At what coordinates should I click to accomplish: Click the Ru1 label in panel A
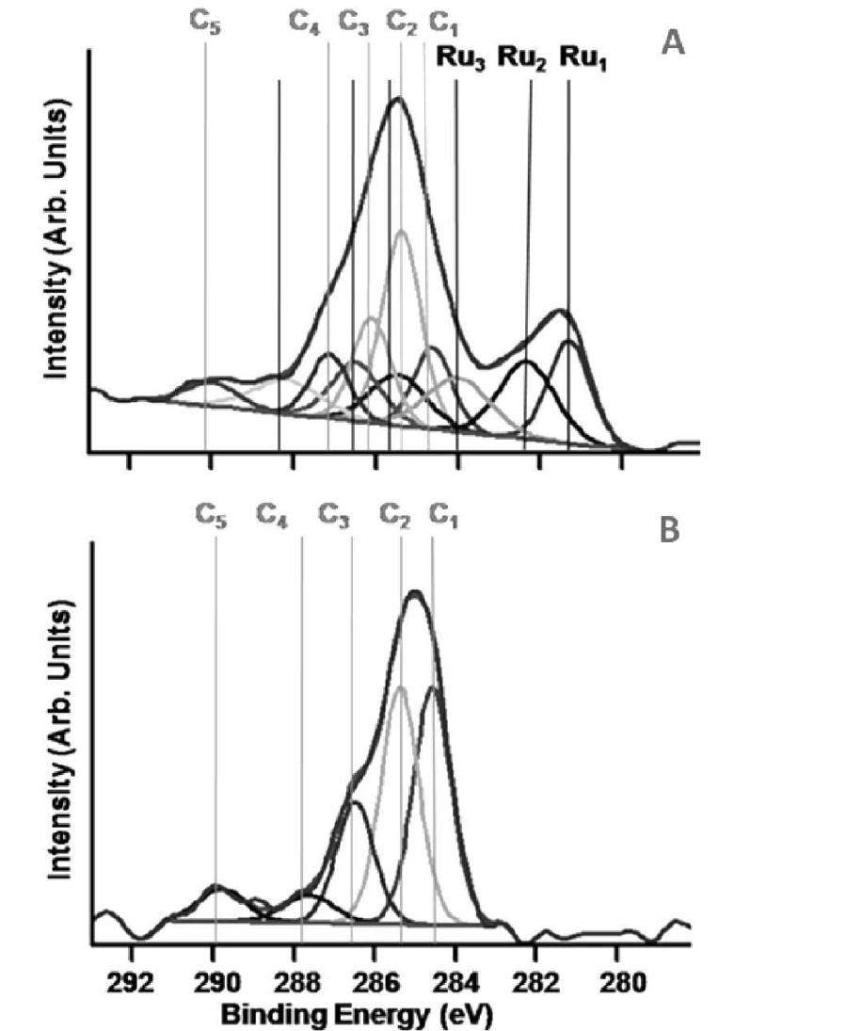[584, 58]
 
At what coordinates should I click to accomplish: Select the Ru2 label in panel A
[521, 58]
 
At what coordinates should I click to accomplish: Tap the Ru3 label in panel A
[459, 58]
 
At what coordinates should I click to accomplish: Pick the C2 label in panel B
[397, 514]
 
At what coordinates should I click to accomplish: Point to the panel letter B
[669, 531]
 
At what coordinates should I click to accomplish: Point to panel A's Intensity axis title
[58, 243]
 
